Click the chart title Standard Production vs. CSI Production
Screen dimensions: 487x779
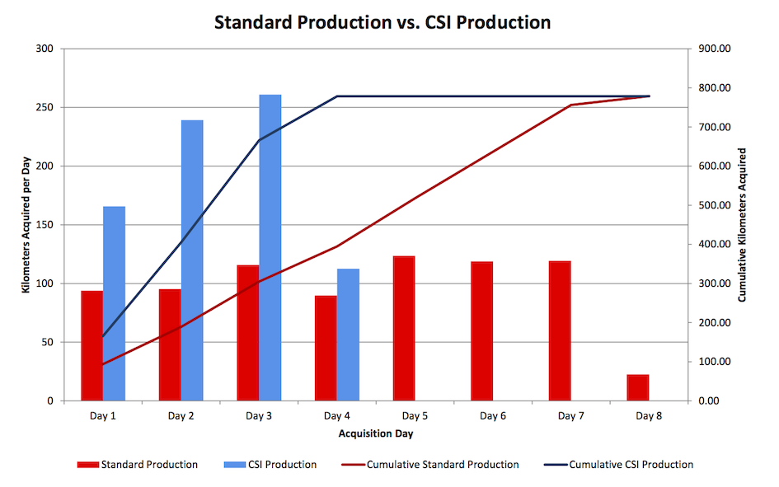382,22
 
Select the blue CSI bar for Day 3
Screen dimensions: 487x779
270,247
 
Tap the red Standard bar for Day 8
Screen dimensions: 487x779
638,387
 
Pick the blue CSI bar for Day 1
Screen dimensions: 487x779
114,303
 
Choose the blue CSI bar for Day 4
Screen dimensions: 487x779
348,335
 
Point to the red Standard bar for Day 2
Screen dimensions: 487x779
170,344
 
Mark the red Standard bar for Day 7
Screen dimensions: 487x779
560,330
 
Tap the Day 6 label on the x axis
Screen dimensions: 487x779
492,416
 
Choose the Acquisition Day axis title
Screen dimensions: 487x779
375,433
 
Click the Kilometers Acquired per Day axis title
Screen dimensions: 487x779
26,224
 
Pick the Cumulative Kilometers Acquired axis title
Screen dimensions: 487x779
742,224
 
